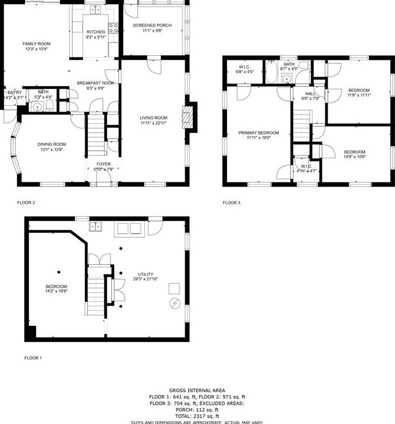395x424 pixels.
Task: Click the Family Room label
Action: pos(37,46)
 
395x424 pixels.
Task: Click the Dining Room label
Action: pos(52,147)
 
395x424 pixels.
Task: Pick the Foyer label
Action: pos(103,167)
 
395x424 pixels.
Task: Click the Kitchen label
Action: pos(96,34)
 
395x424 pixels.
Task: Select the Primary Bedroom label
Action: pos(258,135)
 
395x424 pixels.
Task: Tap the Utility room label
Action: pos(146,277)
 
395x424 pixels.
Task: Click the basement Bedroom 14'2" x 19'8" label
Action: pos(56,289)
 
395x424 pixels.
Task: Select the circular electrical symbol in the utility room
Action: pos(175,303)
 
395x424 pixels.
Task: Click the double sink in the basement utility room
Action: pos(96,226)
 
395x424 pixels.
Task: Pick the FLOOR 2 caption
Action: pos(26,203)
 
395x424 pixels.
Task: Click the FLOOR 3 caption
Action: pos(231,203)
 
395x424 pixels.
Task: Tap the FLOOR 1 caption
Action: pos(33,358)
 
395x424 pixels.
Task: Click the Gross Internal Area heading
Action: pos(197,390)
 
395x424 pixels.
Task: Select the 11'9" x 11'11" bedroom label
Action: pos(358,92)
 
